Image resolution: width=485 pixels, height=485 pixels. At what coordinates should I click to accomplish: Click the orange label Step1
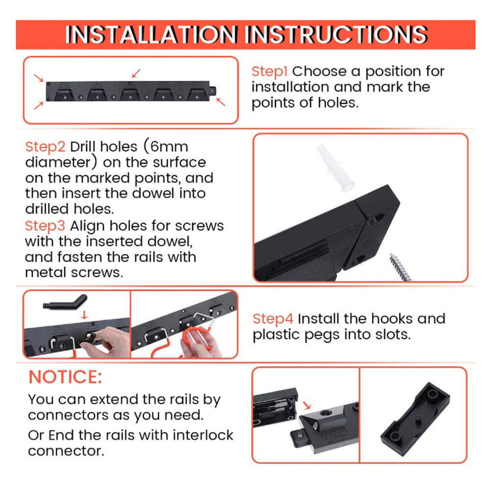point(269,72)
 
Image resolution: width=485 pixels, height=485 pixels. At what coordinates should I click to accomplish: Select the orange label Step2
point(45,146)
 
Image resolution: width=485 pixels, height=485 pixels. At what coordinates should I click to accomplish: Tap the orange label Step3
point(45,226)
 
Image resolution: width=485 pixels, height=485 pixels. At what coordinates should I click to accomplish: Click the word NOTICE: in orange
point(65,377)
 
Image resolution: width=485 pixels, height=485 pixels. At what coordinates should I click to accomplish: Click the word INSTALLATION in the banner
point(151,34)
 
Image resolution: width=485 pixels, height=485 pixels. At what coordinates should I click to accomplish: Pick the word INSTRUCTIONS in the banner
point(336,34)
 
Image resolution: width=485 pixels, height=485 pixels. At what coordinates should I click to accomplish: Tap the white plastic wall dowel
point(336,168)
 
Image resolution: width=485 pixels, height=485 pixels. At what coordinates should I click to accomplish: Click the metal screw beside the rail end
point(400,267)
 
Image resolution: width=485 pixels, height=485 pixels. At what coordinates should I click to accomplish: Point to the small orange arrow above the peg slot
point(84,315)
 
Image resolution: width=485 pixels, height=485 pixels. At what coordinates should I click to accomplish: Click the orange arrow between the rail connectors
point(307,405)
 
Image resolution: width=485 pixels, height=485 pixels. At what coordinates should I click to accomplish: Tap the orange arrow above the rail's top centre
point(136,73)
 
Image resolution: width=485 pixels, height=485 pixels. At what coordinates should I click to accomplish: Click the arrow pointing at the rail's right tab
point(221,102)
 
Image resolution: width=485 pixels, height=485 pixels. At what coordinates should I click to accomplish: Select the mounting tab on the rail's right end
point(213,91)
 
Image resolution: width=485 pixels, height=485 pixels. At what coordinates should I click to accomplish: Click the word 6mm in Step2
point(169,146)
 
